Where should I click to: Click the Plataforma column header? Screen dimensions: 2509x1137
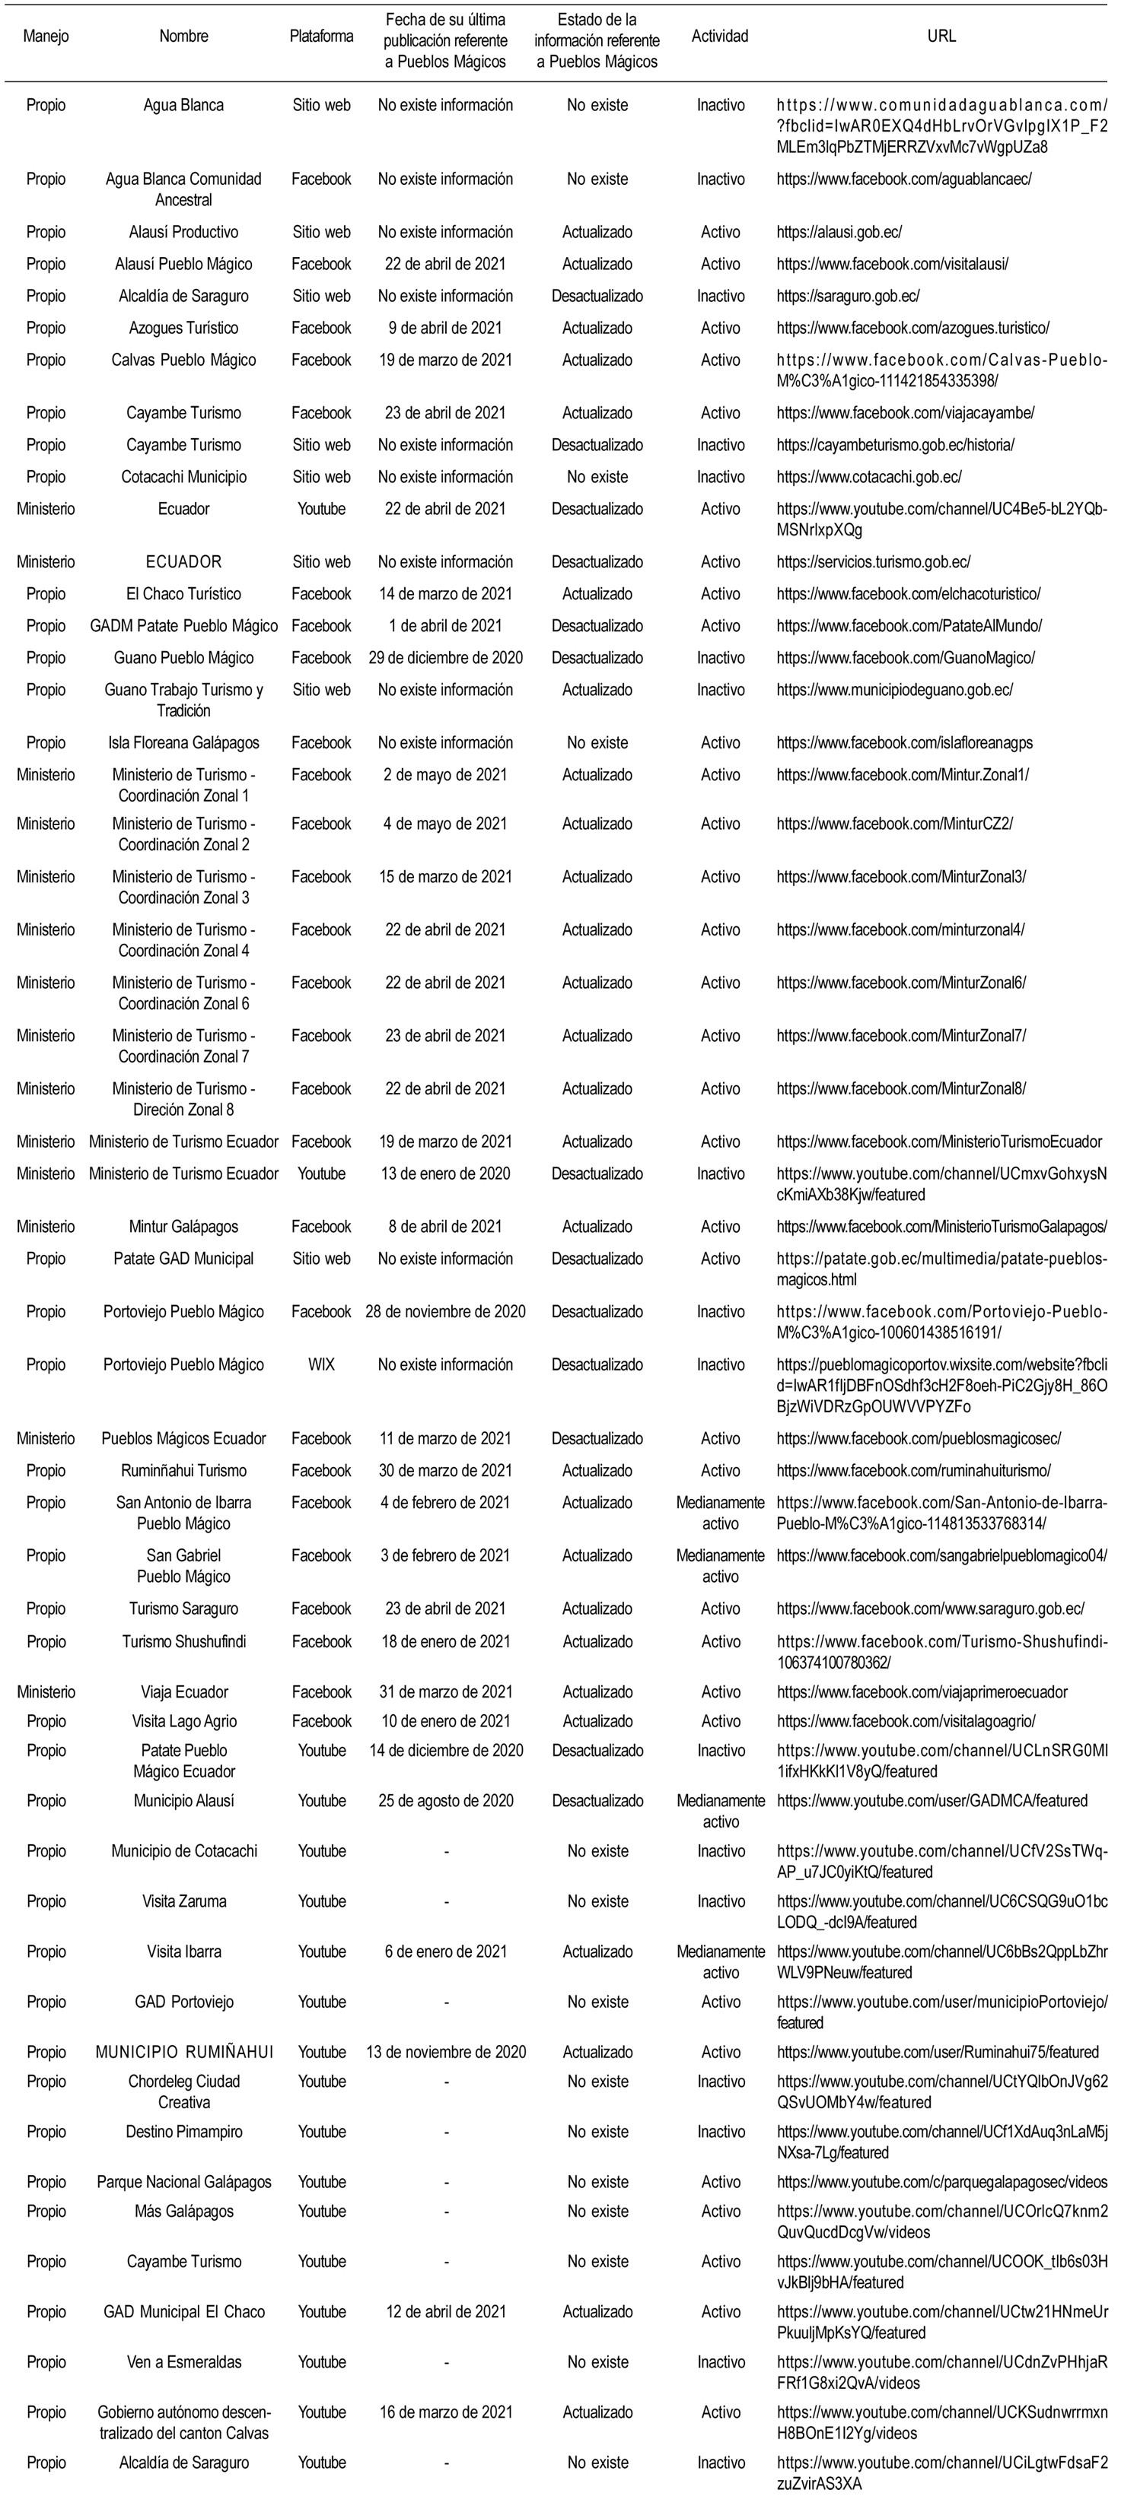click(320, 36)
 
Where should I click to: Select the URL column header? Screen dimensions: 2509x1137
click(941, 36)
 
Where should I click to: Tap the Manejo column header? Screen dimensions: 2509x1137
click(46, 36)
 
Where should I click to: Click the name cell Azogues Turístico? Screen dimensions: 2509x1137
click(183, 329)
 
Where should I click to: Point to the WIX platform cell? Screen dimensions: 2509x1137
click(320, 1364)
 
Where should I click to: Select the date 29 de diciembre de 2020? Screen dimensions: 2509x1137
click(445, 657)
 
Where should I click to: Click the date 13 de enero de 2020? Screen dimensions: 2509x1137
click(445, 1174)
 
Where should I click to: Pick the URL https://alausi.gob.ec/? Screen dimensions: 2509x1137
click(839, 232)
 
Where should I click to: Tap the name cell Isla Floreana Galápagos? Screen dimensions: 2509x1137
click(183, 742)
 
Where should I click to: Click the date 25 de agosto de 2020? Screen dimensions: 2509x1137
click(445, 1800)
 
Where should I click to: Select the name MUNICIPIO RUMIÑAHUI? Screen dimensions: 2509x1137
click(184, 2051)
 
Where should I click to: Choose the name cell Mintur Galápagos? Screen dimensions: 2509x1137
click(183, 1226)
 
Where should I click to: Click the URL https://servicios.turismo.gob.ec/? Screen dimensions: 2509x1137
click(873, 562)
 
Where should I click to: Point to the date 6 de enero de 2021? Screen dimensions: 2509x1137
click(445, 1951)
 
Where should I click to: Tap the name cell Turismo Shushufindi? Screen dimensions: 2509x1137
click(183, 1641)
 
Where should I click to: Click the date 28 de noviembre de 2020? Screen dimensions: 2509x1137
click(445, 1312)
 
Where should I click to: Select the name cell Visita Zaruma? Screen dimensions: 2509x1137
click(183, 1901)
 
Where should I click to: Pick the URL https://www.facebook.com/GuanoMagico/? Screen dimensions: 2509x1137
click(905, 657)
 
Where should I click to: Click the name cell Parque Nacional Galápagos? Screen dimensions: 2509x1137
click(183, 2182)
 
